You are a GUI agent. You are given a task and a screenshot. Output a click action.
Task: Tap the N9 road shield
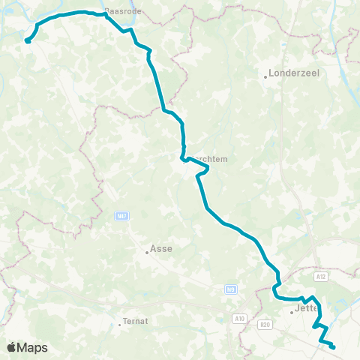pyautogui.click(x=230, y=288)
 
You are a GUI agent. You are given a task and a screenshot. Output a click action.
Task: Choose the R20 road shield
pyautogui.click(x=264, y=324)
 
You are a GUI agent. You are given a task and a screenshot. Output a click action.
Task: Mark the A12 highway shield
pyautogui.click(x=321, y=277)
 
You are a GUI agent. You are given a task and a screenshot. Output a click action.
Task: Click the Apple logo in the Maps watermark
pyautogui.click(x=11, y=347)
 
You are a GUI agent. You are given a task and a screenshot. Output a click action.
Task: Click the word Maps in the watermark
pyautogui.click(x=33, y=347)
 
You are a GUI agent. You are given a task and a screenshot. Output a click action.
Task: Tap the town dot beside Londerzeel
pyautogui.click(x=266, y=76)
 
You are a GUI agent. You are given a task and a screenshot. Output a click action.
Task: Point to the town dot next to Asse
pyautogui.click(x=147, y=253)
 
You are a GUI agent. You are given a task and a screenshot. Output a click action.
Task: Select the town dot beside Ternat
pyautogui.click(x=120, y=325)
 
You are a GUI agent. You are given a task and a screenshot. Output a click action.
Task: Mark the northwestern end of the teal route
pyautogui.click(x=27, y=42)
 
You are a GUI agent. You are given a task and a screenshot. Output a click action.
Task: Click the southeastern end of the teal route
pyautogui.click(x=333, y=346)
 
